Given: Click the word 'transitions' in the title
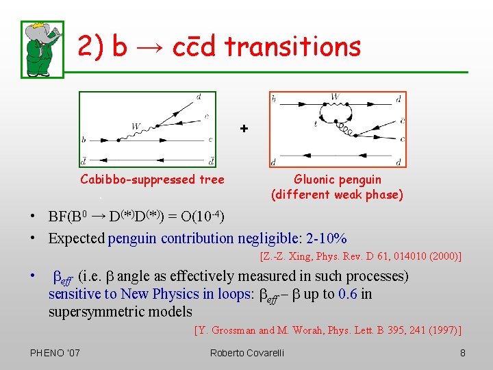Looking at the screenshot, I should click(x=292, y=47).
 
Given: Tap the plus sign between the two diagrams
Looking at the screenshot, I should click(x=244, y=129).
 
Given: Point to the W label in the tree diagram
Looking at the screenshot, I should click(x=136, y=126).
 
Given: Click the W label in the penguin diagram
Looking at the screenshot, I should click(x=334, y=97).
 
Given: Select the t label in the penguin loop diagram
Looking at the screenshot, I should click(x=316, y=125).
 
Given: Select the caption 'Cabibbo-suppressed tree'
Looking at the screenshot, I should click(x=152, y=180).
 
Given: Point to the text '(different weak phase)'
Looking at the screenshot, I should click(x=337, y=195).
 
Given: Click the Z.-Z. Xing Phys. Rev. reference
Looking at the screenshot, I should click(x=360, y=257).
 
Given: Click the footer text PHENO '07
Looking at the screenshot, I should click(x=55, y=353).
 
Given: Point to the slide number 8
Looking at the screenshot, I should click(x=463, y=353).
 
